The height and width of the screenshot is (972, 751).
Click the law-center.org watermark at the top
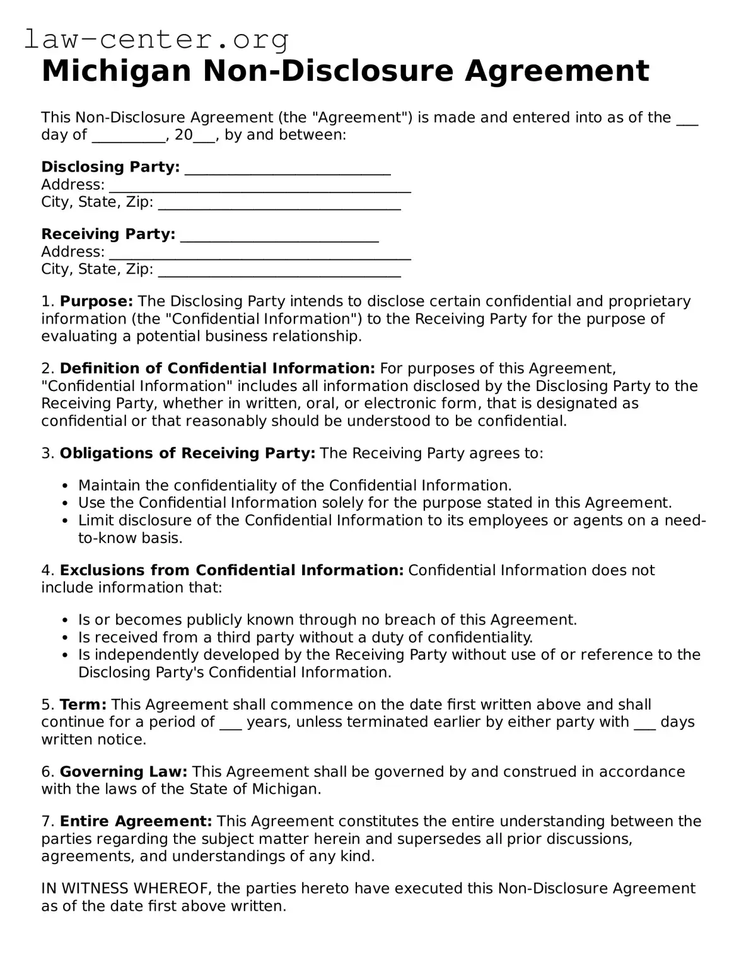click(x=156, y=40)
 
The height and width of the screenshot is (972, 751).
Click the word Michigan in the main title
click(x=116, y=71)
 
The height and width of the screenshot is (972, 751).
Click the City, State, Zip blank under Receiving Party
click(x=279, y=271)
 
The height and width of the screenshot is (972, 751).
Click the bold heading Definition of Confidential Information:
click(x=217, y=368)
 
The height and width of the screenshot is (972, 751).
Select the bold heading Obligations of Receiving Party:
click(x=187, y=454)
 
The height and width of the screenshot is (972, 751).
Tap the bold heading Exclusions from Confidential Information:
click(x=231, y=570)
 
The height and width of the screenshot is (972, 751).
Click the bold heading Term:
click(x=83, y=705)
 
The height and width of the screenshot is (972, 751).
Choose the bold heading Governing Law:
click(x=124, y=772)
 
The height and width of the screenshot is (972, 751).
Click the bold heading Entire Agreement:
click(x=136, y=821)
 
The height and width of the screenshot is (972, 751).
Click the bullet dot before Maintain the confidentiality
click(x=66, y=486)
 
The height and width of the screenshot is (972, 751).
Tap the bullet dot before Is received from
click(x=66, y=638)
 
